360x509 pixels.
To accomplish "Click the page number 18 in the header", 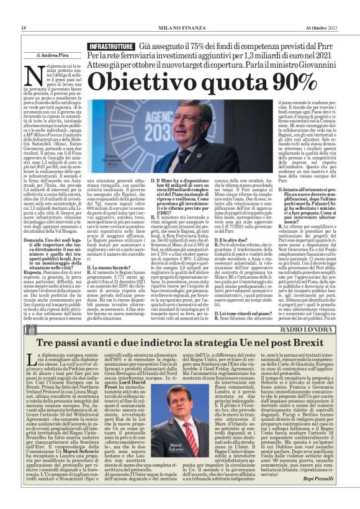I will click(x=24, y=28).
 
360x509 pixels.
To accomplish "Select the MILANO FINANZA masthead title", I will click(x=180, y=28).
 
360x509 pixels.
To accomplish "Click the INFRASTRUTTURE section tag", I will click(x=110, y=47).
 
